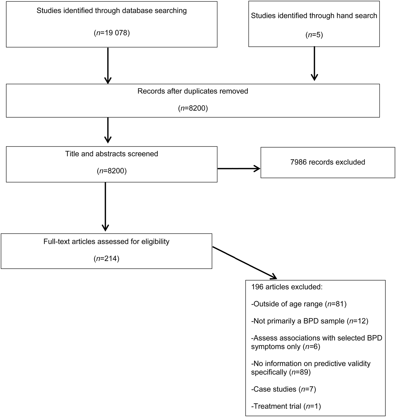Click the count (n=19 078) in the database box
pyautogui.click(x=112, y=33)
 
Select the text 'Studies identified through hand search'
pyautogui.click(x=314, y=16)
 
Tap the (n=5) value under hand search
pyautogui.click(x=314, y=35)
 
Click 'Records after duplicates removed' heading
pyautogui.click(x=193, y=91)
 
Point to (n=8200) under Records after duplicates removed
pyautogui.click(x=193, y=108)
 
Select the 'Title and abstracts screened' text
pyautogui.click(x=112, y=154)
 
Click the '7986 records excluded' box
pyautogui.click(x=328, y=162)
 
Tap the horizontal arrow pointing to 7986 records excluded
pyautogui.click(x=238, y=169)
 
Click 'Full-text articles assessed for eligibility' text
pyautogui.click(x=106, y=242)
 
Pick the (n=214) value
pyautogui.click(x=106, y=259)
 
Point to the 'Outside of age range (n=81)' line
pyautogui.click(x=299, y=304)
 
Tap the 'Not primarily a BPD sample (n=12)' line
pyautogui.click(x=310, y=321)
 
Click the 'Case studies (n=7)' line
pyautogui.click(x=283, y=389)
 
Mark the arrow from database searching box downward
pyautogui.click(x=108, y=66)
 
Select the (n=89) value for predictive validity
pyautogui.click(x=300, y=372)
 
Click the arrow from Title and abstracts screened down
pyautogui.click(x=105, y=207)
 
